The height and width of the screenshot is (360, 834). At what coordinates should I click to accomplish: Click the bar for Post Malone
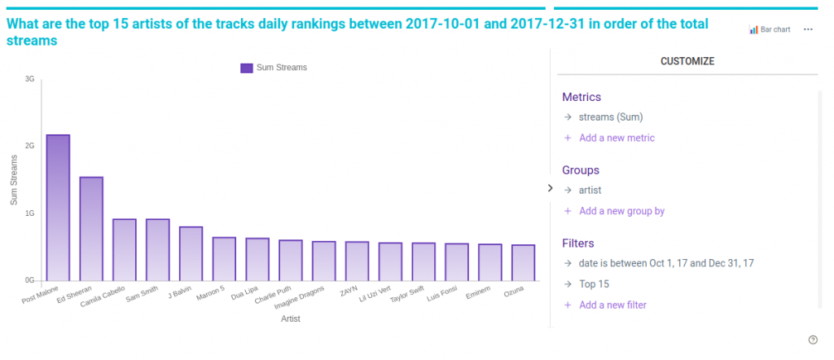(x=58, y=208)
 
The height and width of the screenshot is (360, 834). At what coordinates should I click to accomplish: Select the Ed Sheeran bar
(x=91, y=229)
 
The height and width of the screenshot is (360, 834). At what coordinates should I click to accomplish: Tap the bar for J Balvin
(x=191, y=253)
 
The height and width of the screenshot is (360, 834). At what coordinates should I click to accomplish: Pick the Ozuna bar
(x=523, y=262)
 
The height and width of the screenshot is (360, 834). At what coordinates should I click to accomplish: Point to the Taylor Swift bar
(x=424, y=261)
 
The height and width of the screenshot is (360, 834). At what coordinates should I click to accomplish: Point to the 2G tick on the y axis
(x=29, y=146)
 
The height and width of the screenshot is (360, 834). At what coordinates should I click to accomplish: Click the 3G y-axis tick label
(x=29, y=79)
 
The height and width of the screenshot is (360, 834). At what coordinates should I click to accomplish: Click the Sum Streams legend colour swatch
(x=246, y=68)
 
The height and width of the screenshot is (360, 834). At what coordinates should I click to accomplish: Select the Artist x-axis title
(x=291, y=318)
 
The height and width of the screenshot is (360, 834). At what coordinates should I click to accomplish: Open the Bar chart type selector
(x=770, y=29)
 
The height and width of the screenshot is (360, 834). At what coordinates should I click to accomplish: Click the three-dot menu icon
(x=808, y=29)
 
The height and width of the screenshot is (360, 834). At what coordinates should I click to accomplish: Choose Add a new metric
(x=617, y=138)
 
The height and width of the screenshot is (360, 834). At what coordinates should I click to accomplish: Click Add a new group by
(x=621, y=211)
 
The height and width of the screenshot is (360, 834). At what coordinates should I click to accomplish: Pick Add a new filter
(x=612, y=305)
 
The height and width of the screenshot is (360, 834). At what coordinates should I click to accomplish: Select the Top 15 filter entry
(x=594, y=284)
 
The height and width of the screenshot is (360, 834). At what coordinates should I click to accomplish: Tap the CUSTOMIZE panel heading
(x=687, y=61)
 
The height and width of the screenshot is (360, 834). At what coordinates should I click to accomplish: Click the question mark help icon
(x=813, y=340)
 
